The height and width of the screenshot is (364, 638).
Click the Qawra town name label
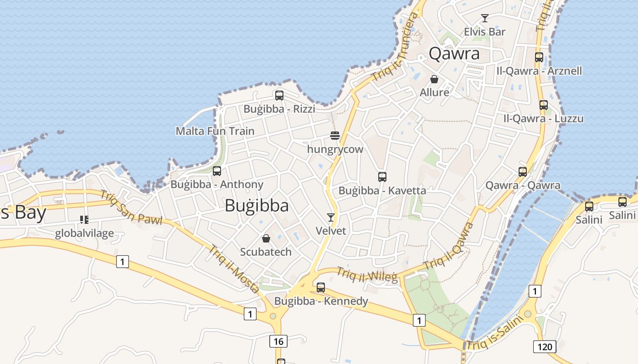pos(454,54)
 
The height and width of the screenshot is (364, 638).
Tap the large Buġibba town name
pos(257,206)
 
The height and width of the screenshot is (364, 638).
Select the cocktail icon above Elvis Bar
pos(485,18)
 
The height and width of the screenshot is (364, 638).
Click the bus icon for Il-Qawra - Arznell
pos(539,57)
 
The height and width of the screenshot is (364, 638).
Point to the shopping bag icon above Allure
pos(434,79)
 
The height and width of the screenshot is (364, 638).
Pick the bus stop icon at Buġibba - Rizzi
pos(279,96)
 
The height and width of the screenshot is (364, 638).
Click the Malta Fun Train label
pos(215,131)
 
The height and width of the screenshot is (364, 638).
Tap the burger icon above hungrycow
pos(335,136)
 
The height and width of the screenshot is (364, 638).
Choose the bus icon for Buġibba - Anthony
pos(217,171)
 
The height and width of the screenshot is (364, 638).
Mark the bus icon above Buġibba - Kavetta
pos(382,177)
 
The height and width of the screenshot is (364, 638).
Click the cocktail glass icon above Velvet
pos(331,217)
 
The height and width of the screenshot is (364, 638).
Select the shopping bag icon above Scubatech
pos(266,238)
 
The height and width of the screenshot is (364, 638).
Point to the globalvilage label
pos(84,234)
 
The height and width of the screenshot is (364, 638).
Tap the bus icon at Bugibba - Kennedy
pos(321,288)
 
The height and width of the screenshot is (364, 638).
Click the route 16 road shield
pos(278,341)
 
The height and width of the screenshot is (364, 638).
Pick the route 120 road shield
pos(544,347)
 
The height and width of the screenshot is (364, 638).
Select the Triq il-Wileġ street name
pos(366,274)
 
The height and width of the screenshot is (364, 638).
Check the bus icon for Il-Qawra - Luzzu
pos(544,105)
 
